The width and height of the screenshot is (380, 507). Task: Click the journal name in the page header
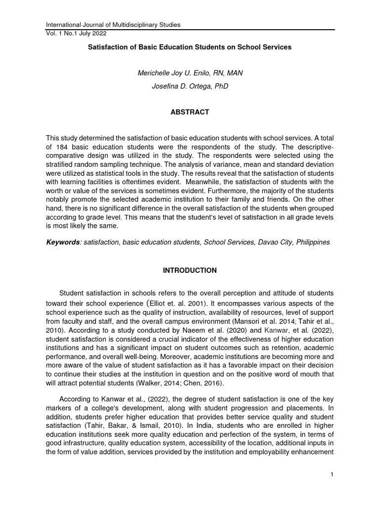113,24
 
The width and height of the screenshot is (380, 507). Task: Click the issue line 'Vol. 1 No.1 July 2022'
76,33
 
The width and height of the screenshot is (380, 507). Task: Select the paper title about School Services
190,48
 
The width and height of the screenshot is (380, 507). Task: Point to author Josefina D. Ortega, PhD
190,87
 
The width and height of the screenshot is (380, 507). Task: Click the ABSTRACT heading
190,112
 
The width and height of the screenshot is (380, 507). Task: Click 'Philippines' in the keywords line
313,243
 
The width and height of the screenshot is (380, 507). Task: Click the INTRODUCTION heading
190,270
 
